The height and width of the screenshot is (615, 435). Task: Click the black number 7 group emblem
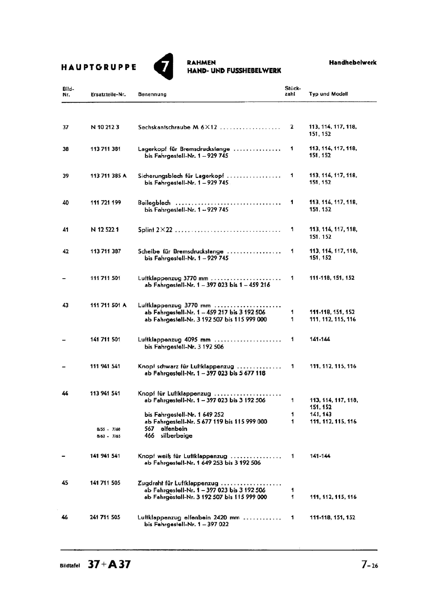pos(164,66)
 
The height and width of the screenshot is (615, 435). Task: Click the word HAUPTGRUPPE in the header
pos(99,67)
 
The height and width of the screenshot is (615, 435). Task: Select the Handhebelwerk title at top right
pos(352,62)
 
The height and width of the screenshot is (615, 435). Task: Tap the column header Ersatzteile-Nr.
pos(108,94)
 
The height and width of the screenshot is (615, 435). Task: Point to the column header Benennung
pos(152,94)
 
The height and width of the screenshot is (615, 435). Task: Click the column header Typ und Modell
pos(328,94)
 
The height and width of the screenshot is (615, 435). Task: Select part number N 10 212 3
pos(105,127)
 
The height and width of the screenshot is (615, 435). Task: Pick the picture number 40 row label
pos(65,203)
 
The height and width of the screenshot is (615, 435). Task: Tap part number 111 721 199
pos(105,203)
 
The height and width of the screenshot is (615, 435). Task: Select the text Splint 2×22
pos(155,230)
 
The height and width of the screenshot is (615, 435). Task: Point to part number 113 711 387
pos(105,251)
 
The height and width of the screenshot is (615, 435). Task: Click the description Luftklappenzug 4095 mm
pos(174,340)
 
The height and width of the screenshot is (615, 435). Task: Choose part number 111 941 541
pos(105,366)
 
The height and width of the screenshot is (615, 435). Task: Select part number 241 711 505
pos(105,517)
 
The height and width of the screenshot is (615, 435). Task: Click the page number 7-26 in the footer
pos(369,565)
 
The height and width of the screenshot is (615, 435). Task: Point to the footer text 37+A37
pos(109,564)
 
